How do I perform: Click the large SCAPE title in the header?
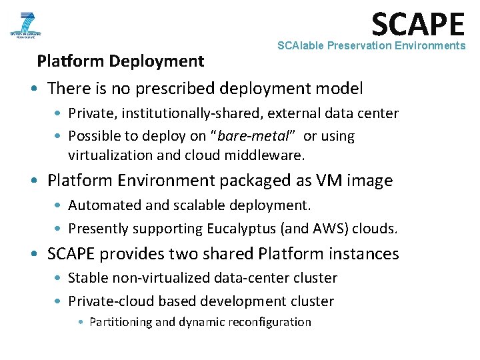click(x=417, y=24)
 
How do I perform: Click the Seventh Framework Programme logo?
click(x=25, y=25)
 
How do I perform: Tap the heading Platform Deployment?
click(x=121, y=61)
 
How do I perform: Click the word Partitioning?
click(x=120, y=322)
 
